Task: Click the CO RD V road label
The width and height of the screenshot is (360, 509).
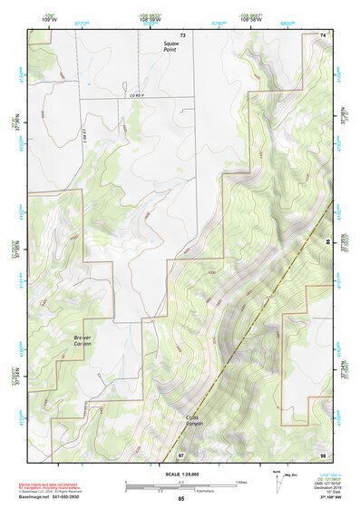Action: [137, 95]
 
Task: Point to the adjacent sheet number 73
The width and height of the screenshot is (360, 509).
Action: [182, 34]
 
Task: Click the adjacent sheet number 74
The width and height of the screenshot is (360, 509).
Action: [324, 34]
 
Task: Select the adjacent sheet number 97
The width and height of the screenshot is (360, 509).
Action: [181, 453]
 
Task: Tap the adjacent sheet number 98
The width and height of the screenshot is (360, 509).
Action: [323, 453]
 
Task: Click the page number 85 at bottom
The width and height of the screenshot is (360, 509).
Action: [181, 498]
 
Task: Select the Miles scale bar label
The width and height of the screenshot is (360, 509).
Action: [239, 482]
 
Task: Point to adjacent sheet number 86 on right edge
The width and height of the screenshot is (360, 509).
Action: [327, 242]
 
